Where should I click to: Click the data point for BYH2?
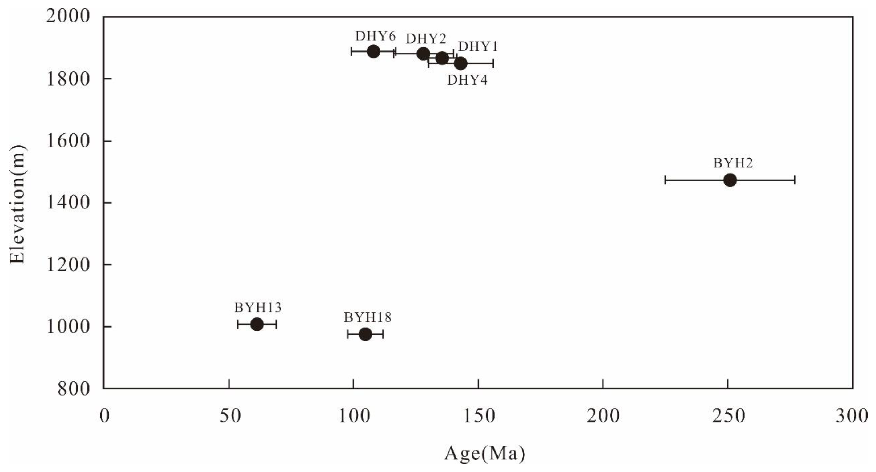(x=730, y=180)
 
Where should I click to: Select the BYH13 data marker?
(x=257, y=324)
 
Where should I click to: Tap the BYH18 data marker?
(x=365, y=334)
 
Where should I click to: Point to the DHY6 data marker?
(x=373, y=52)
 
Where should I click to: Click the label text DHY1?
(x=478, y=46)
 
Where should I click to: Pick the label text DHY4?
(x=467, y=80)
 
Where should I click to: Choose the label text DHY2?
(x=426, y=39)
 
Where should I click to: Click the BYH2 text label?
(x=733, y=163)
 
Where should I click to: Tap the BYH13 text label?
(x=258, y=308)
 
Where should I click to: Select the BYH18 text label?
(x=368, y=317)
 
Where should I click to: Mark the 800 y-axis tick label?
(x=74, y=389)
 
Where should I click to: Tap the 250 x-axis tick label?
(x=728, y=416)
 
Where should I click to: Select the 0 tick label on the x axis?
(x=104, y=416)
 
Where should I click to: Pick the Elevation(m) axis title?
(x=18, y=204)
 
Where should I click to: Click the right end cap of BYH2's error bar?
(x=795, y=180)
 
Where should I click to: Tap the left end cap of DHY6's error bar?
(x=351, y=52)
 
